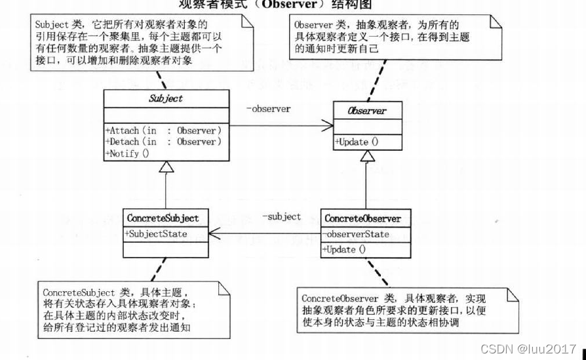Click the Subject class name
pos(166,99)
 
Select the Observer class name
pos(367,111)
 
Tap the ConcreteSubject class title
pos(163,218)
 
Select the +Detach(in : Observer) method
pos(163,142)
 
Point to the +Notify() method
pos(127,153)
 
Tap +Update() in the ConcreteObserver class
pos(344,249)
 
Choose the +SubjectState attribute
pos(156,233)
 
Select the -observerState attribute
pos(355,234)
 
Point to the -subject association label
pos(281,216)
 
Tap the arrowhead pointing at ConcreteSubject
pos(214,233)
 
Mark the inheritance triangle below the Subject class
pos(166,168)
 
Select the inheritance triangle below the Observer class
pos(368,156)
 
